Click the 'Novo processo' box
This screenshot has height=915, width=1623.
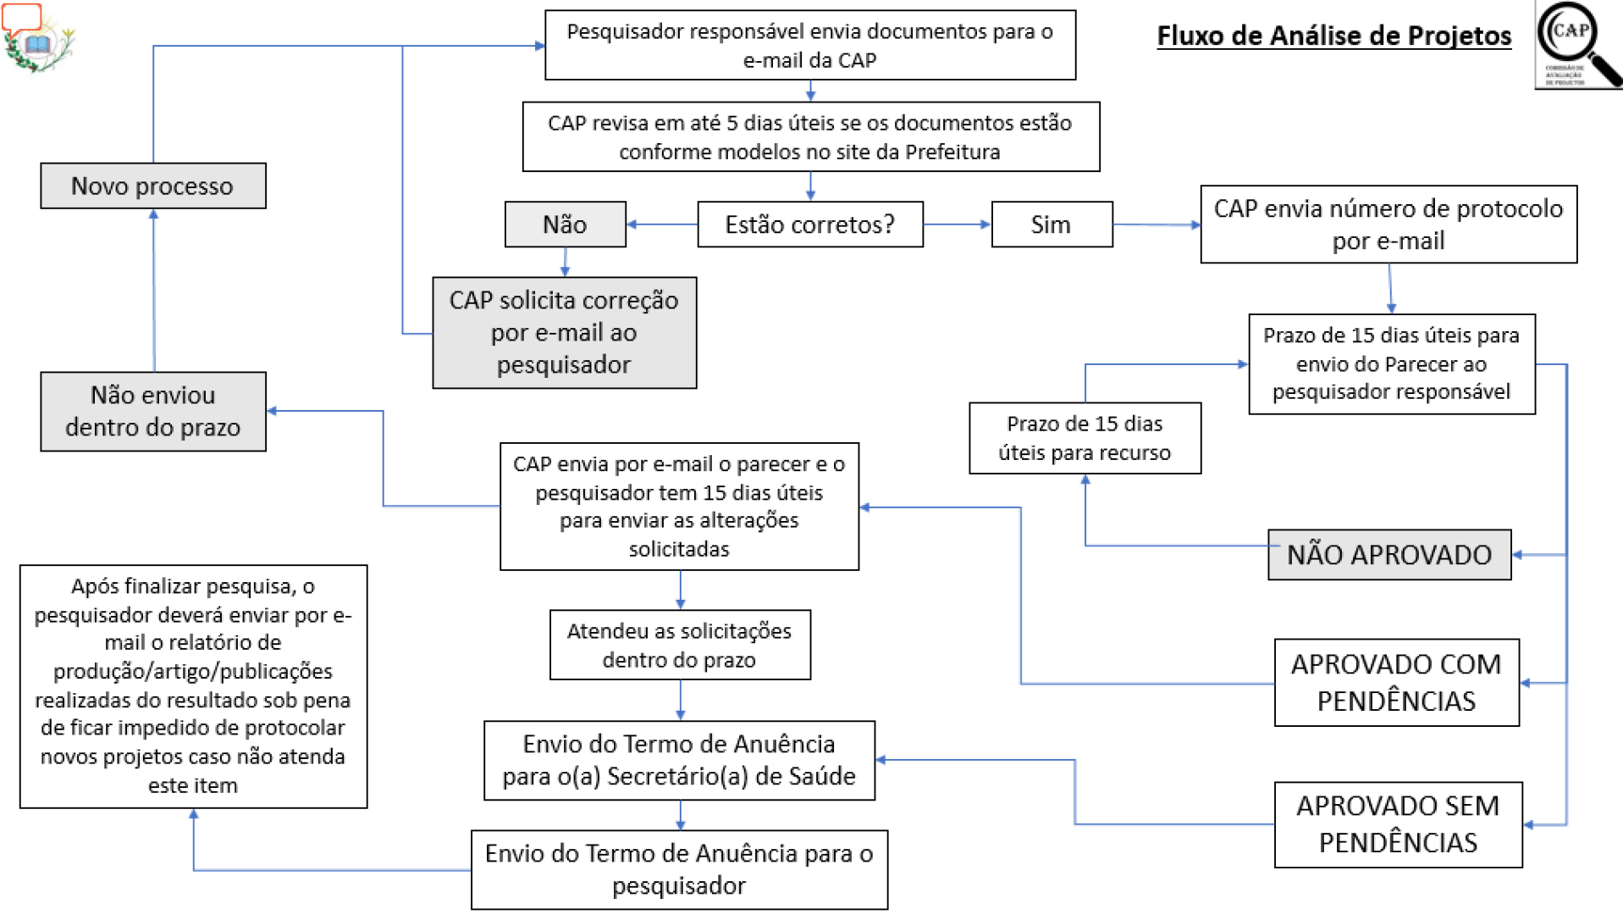click(x=152, y=186)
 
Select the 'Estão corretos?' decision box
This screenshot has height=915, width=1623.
click(x=809, y=225)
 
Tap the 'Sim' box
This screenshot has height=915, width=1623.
click(x=1051, y=225)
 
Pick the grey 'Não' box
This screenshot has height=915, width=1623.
click(x=565, y=225)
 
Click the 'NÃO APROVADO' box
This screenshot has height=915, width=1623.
click(x=1388, y=555)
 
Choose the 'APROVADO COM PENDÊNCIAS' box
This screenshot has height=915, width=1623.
click(x=1396, y=683)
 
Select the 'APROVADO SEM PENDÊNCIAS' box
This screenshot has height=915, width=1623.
click(x=1398, y=824)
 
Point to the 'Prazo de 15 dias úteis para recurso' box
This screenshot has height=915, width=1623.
click(x=1085, y=438)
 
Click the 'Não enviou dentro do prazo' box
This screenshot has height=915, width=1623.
click(x=152, y=411)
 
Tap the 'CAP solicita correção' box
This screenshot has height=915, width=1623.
click(x=564, y=332)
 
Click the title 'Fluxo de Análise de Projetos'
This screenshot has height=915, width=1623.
click(x=1333, y=36)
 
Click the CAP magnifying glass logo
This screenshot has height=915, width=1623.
click(x=1577, y=45)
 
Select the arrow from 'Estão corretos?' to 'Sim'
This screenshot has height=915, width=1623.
click(x=957, y=225)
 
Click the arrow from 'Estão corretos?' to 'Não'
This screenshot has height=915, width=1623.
click(x=661, y=225)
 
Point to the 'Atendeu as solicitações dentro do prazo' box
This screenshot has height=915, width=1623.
click(x=679, y=645)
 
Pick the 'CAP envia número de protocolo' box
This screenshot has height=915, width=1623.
click(x=1388, y=225)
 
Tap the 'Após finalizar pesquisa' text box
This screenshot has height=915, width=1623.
click(x=193, y=685)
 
